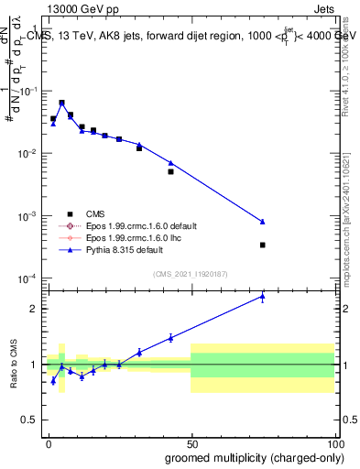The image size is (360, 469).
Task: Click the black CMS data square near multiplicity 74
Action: coord(263,245)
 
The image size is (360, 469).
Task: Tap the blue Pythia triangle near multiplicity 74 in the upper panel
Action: coord(263,222)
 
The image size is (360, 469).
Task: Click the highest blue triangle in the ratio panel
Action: coord(263,296)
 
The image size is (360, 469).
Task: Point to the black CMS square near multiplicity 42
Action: coord(170,171)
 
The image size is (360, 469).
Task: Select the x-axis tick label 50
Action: coord(191,443)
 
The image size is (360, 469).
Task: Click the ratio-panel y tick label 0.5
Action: coord(32,420)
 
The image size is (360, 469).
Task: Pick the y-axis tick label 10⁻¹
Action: coord(29,92)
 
